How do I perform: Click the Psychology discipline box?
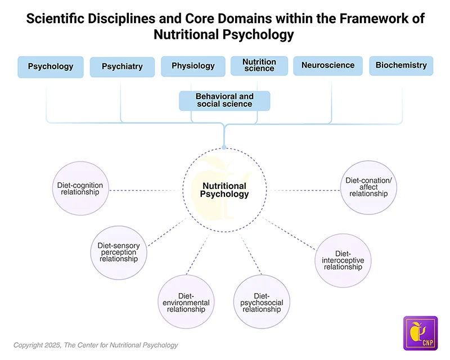[51, 66]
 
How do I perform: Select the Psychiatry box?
[121, 67]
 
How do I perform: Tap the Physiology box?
[193, 66]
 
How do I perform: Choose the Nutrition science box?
[259, 65]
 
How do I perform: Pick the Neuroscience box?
[328, 65]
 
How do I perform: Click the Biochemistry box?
[401, 65]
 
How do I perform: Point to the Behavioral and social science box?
[224, 101]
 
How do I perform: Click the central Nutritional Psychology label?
[224, 190]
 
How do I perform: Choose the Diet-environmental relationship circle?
[185, 302]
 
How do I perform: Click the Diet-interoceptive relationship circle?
[343, 260]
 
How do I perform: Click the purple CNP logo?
[420, 333]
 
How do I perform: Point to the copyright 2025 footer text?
[96, 345]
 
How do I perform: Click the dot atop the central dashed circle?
[224, 147]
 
